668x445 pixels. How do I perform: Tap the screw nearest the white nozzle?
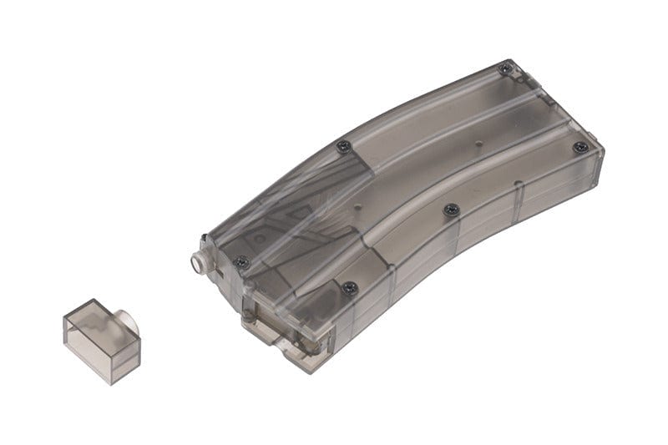[x=242, y=261]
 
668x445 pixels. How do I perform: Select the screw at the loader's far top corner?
[x=504, y=68]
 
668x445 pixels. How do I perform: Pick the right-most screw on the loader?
[x=579, y=147]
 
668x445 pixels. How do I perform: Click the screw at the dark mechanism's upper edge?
[x=342, y=146]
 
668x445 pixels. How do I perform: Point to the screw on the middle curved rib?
[x=451, y=209]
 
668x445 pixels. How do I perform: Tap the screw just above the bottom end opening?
[x=350, y=288]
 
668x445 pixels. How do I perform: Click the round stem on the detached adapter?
[x=126, y=320]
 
